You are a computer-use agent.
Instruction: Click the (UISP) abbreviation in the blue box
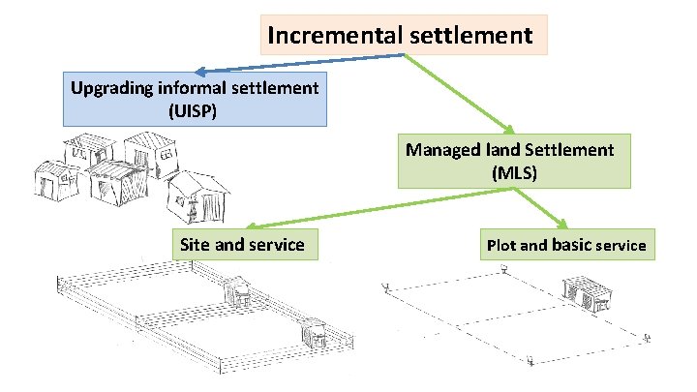pos(194,110)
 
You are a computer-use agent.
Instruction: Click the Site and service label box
pos(242,245)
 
